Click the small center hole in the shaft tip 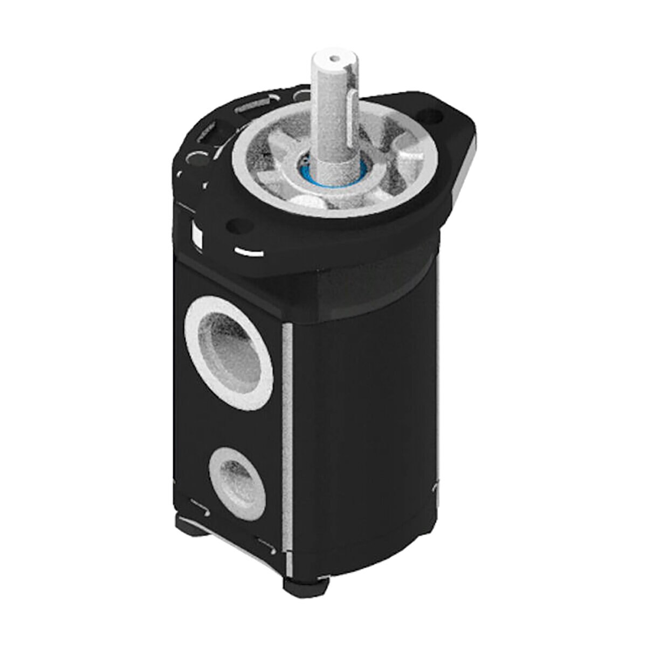(335, 56)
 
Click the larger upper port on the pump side (228, 354)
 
